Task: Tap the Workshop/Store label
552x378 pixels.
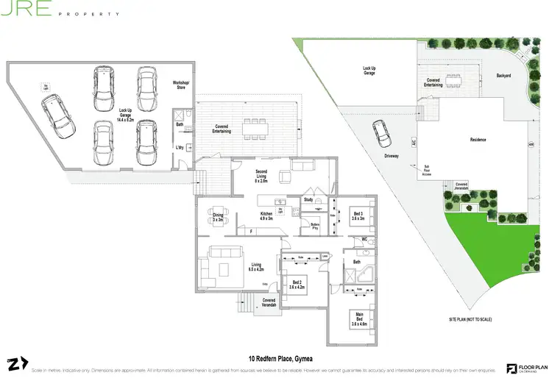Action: [181, 86]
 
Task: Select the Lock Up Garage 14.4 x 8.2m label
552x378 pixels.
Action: [126, 115]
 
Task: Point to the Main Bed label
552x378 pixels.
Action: [358, 320]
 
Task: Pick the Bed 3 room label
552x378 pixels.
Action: [357, 215]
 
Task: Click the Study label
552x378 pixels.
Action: [308, 199]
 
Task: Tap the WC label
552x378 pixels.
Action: [364, 239]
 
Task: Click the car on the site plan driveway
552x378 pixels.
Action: [382, 133]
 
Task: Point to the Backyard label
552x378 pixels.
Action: [503, 76]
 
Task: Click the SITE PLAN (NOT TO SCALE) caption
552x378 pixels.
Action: [470, 320]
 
